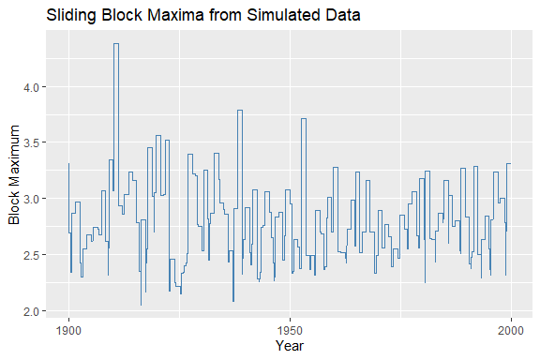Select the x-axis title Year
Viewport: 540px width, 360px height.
(290, 347)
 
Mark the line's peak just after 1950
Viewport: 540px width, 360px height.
(304, 119)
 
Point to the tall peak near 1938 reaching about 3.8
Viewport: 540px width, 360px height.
(240, 111)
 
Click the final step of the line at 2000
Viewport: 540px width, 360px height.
(509, 164)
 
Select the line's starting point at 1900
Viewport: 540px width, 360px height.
(68, 165)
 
